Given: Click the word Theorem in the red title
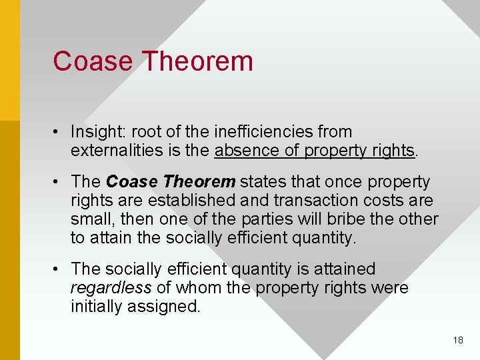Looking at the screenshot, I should pyautogui.click(x=198, y=61).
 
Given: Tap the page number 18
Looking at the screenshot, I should pyautogui.click(x=457, y=340).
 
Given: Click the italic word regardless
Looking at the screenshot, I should pyautogui.click(x=111, y=288).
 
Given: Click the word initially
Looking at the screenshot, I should pyautogui.click(x=96, y=307).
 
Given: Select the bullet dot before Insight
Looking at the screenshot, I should pyautogui.click(x=59, y=132).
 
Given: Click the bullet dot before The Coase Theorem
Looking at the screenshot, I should pyautogui.click(x=59, y=182).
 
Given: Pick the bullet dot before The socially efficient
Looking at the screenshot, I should pyautogui.click(x=59, y=269).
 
